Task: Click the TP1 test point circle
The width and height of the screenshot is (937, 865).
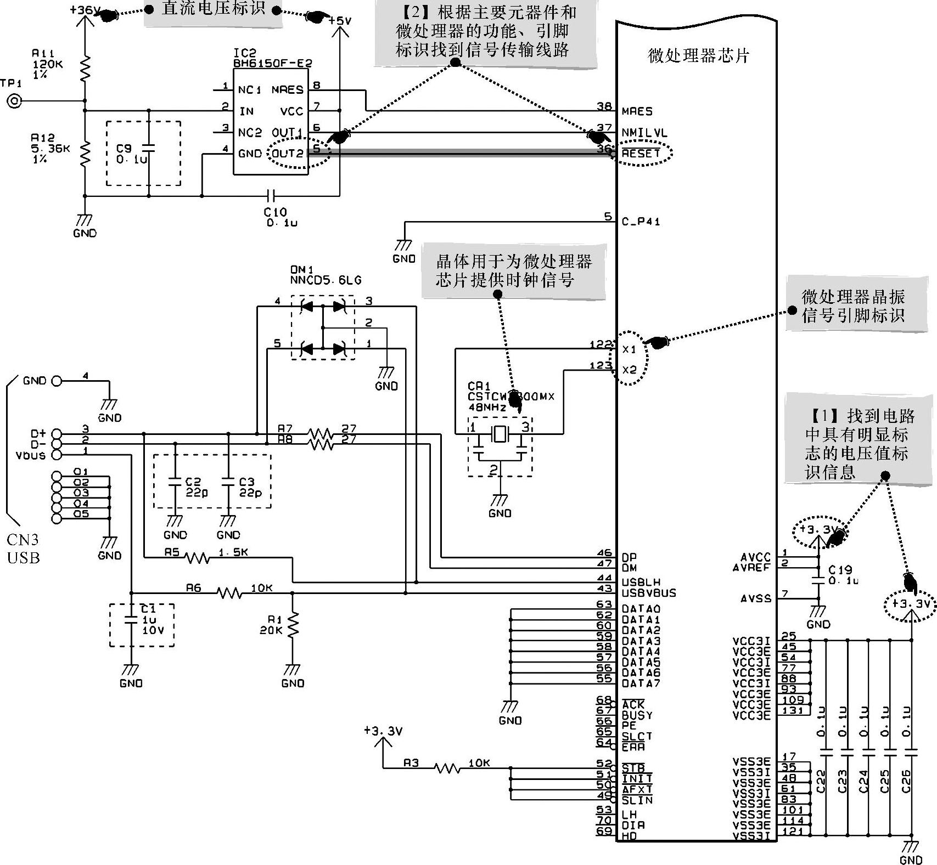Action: click(13, 101)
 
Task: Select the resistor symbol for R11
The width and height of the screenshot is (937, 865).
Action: click(85, 67)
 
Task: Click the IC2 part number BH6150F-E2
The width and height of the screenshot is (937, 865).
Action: click(272, 63)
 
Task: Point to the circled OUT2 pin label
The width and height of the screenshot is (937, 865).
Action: click(287, 154)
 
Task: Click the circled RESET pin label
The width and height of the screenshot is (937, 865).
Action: click(641, 154)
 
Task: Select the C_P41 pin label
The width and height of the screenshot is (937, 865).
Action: click(641, 222)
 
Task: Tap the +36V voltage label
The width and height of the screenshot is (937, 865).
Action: click(85, 10)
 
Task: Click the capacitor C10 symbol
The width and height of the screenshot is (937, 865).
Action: click(270, 195)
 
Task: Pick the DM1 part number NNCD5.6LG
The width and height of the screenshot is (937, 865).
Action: click(326, 280)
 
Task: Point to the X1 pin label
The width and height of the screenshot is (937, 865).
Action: click(629, 349)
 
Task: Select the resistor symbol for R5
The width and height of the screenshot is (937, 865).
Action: click(197, 558)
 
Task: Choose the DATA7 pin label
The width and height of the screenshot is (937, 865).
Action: click(641, 683)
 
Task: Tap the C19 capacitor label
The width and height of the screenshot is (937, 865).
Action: click(840, 570)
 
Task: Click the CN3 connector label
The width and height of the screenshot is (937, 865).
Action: click(23, 540)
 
